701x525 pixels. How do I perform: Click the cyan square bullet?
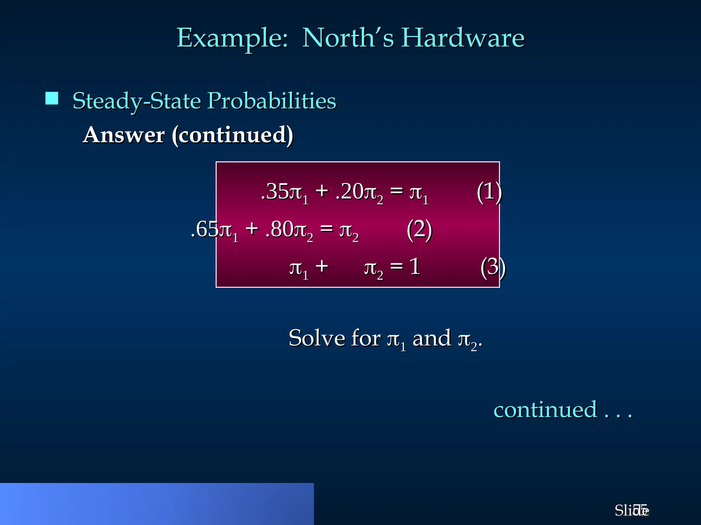click(52, 98)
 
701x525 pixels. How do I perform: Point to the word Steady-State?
click(137, 101)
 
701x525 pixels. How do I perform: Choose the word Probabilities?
click(272, 101)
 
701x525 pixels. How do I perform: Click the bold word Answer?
click(124, 135)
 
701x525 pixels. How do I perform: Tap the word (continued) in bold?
click(232, 135)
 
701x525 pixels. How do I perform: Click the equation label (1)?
click(489, 191)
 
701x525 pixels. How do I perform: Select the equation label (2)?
click(419, 230)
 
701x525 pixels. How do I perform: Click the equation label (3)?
click(493, 267)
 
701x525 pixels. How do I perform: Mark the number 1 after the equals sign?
click(415, 267)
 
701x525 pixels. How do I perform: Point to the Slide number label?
click(631, 511)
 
